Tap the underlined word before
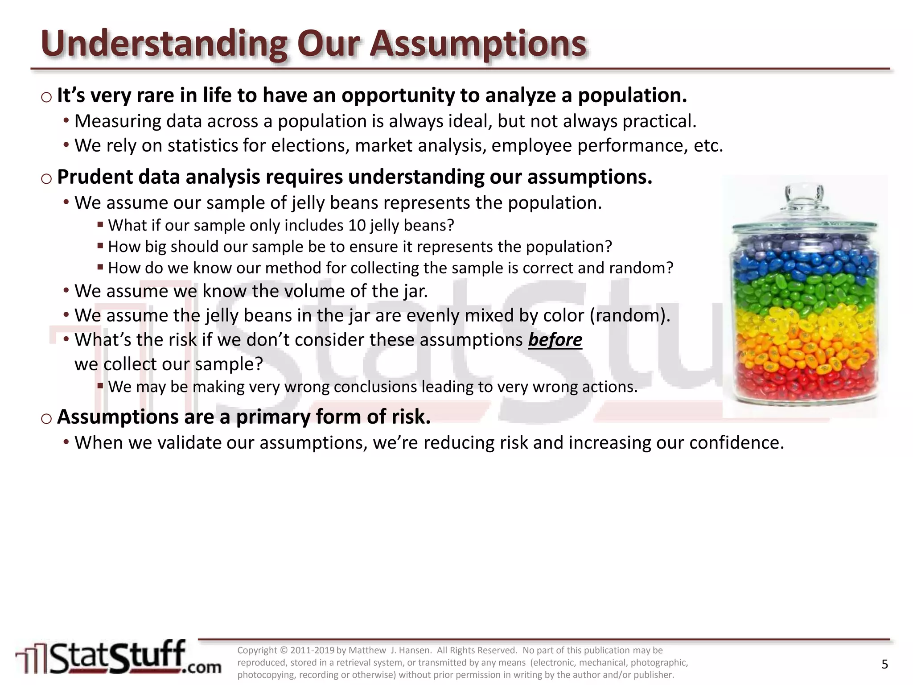point(555,340)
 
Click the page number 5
point(884,664)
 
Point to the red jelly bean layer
point(805,379)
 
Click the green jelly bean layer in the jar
point(805,290)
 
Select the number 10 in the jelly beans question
point(357,226)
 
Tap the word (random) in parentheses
point(629,316)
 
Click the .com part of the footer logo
point(203,667)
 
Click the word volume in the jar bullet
point(314,291)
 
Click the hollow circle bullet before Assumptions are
point(46,418)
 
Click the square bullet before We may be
point(100,386)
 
